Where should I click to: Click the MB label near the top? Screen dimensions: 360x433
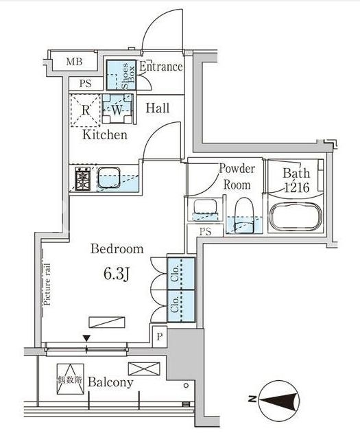click(74, 61)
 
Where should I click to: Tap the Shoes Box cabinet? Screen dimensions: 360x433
click(121, 75)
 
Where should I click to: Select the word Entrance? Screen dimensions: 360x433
click(161, 67)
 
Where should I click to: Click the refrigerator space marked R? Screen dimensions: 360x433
click(86, 110)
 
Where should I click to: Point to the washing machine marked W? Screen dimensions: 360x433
click(117, 109)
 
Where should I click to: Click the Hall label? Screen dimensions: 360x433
click(158, 108)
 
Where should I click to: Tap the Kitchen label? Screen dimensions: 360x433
click(105, 134)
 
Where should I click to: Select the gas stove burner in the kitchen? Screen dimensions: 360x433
click(83, 179)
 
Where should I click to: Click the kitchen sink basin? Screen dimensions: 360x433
click(109, 178)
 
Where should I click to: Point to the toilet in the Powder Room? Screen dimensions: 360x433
click(244, 215)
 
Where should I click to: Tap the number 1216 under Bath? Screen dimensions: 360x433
click(296, 188)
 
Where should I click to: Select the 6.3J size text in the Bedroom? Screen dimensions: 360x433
click(117, 274)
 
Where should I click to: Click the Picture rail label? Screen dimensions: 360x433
click(47, 284)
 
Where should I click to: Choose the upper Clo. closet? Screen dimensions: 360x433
click(181, 274)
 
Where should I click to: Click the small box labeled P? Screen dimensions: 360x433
click(160, 336)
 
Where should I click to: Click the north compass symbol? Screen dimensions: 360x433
click(280, 399)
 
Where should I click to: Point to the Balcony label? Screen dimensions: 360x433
click(110, 382)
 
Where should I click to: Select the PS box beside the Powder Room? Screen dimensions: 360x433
click(205, 231)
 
